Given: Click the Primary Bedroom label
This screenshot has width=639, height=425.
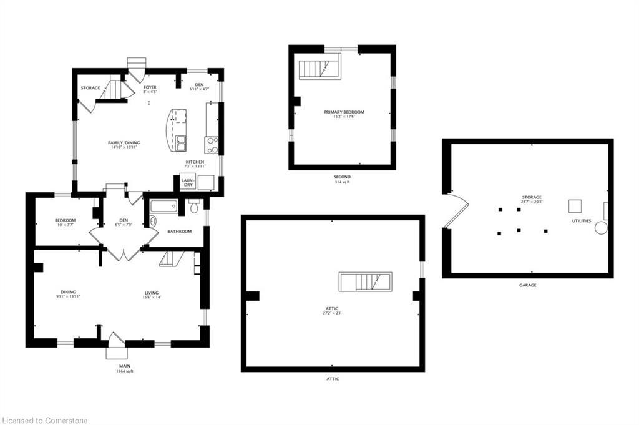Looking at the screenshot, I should click(x=343, y=112).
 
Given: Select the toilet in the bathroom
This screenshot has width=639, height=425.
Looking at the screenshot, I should click(x=194, y=206).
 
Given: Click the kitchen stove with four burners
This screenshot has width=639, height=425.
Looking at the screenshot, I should click(x=212, y=145).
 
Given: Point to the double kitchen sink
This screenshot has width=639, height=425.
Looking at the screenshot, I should click(x=180, y=143).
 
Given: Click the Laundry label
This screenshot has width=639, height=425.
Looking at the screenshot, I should click(x=187, y=182).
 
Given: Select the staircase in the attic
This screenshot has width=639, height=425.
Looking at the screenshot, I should click(x=365, y=281).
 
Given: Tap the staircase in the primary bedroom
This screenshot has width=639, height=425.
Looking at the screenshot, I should click(x=318, y=67).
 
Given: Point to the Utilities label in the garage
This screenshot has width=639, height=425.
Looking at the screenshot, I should click(x=582, y=221).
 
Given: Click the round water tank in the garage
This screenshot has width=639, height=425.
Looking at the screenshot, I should click(x=601, y=228).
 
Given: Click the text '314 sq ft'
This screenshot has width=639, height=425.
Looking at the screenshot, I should click(x=341, y=183).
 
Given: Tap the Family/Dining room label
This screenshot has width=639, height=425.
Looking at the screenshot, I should click(x=124, y=143).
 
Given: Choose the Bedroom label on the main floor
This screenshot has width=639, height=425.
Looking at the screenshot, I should click(x=65, y=220).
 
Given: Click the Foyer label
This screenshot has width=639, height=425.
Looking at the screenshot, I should click(x=150, y=87).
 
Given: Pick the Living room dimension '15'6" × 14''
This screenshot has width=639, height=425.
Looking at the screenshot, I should click(x=151, y=298).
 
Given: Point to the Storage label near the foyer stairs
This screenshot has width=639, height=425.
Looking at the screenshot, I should click(x=90, y=88).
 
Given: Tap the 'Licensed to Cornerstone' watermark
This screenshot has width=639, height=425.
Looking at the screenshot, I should click(x=45, y=420).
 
